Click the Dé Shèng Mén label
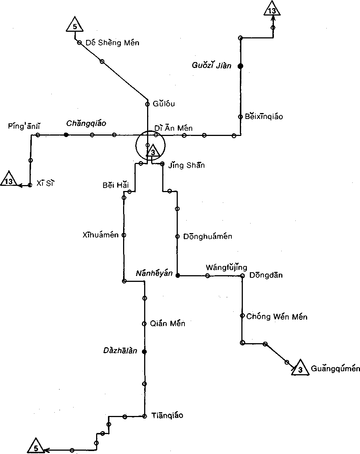click(x=112, y=43)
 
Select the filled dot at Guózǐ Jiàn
click(x=240, y=66)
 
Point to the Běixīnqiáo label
click(x=264, y=117)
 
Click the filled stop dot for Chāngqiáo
click(x=66, y=135)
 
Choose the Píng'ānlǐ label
click(x=24, y=127)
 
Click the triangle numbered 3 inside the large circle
click(x=153, y=151)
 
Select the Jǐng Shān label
click(x=186, y=165)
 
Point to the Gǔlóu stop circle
click(x=147, y=104)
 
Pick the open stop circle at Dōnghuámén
click(x=177, y=236)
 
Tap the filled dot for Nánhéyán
click(x=177, y=276)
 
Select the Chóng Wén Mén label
click(x=276, y=317)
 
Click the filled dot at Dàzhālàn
click(x=145, y=352)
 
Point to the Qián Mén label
click(x=167, y=324)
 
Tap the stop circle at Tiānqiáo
click(x=145, y=416)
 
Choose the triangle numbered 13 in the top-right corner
click(x=272, y=10)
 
